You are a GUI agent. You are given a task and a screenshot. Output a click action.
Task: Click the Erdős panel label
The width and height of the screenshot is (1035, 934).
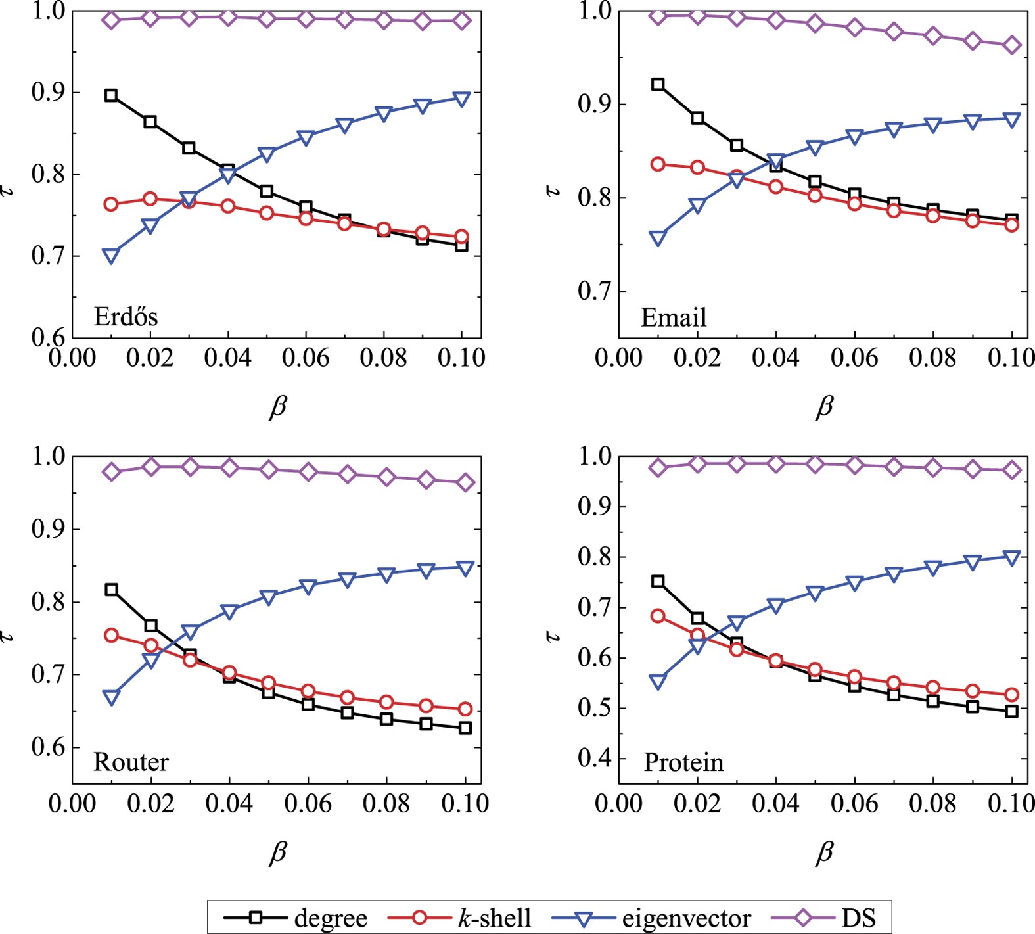pos(126,317)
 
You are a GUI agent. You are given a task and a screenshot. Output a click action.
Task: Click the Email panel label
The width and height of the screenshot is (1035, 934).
pos(674,317)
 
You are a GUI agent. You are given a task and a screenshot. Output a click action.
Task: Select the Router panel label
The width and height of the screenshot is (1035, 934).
pos(131,762)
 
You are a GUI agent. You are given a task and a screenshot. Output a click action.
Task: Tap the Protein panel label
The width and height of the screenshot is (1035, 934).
pos(683,762)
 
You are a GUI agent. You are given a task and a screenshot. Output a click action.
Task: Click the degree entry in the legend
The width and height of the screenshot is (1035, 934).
pos(295,918)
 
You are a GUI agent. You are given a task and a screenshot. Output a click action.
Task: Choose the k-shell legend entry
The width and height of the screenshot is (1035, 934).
pos(460,918)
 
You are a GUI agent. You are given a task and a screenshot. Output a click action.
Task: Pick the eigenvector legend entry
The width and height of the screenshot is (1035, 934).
pos(651,918)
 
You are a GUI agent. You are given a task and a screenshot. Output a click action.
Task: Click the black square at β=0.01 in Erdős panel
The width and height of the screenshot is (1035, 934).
pos(111,96)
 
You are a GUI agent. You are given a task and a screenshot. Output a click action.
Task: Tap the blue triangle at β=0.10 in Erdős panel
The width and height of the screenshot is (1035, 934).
pos(462,99)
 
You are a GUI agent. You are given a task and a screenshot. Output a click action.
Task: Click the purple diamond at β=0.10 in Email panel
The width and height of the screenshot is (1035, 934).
pos(1012,45)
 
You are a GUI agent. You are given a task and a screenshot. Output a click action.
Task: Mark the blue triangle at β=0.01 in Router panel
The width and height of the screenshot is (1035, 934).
pos(111,697)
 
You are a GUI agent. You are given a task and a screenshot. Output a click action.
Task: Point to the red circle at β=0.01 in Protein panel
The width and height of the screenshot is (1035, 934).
pos(658,616)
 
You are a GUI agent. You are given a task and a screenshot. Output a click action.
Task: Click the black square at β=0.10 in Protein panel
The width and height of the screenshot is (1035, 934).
pos(1012,711)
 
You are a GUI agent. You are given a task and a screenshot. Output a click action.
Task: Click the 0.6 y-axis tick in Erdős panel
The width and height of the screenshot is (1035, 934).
pos(49,337)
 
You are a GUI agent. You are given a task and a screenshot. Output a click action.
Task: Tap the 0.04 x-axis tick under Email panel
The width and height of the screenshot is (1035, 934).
pos(775,358)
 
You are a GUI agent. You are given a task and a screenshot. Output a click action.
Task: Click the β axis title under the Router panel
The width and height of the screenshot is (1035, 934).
pos(278,852)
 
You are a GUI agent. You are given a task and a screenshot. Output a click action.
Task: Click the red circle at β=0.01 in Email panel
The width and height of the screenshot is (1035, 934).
pos(658,164)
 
